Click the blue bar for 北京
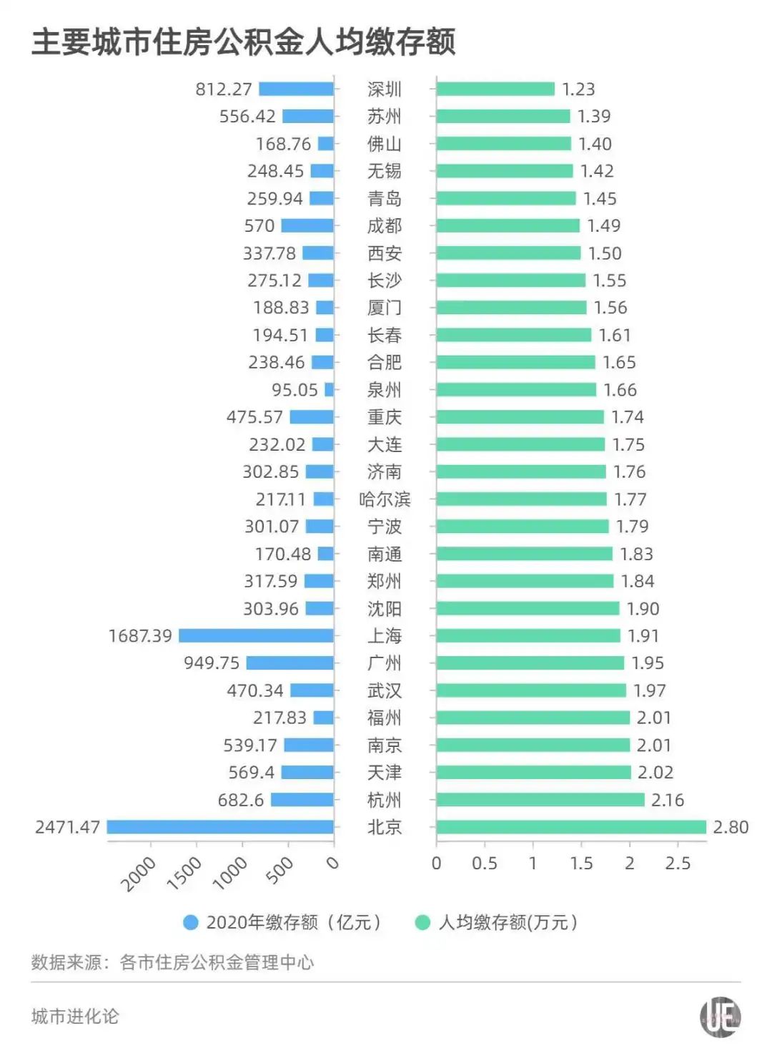[x=220, y=827]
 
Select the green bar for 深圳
[x=495, y=89]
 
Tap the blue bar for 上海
[x=256, y=635]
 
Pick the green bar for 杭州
[x=540, y=800]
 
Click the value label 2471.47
[x=67, y=827]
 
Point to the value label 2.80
[x=731, y=827]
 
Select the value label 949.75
[x=212, y=663]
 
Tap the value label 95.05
[x=295, y=390]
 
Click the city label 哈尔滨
[x=385, y=499]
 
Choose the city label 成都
[x=385, y=226]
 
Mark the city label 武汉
[x=385, y=690]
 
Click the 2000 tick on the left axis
[x=138, y=874]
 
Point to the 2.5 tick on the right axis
[x=678, y=864]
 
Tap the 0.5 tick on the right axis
[x=485, y=864]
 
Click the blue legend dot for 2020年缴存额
[x=191, y=923]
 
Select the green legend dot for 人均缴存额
[x=422, y=923]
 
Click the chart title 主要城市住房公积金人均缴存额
[x=243, y=41]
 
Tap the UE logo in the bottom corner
[x=720, y=1017]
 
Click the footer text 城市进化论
[x=75, y=1017]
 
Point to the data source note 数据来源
[x=172, y=963]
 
